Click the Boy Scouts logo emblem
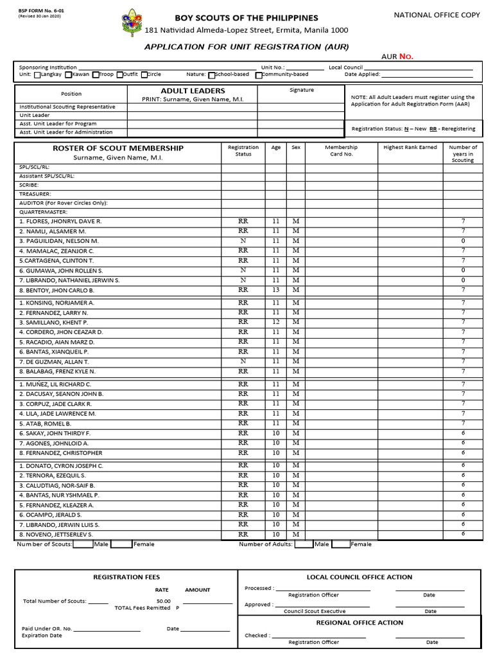tap(132, 22)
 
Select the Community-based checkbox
tap(258, 75)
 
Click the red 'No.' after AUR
tap(406, 57)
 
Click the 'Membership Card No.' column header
tap(341, 150)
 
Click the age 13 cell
tap(276, 290)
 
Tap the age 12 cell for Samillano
tap(276, 322)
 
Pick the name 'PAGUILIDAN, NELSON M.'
tap(58, 241)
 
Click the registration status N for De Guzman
tap(243, 362)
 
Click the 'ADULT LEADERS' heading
tap(193, 91)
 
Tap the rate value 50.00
tap(164, 601)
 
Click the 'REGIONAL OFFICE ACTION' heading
tap(359, 623)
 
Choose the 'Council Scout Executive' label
tap(315, 612)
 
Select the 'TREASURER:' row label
tap(35, 193)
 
